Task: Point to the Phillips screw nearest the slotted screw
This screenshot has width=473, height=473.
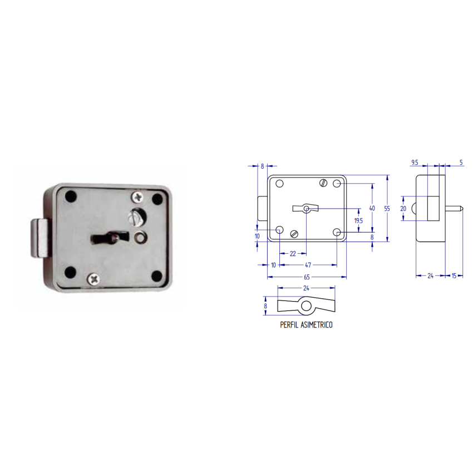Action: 137,196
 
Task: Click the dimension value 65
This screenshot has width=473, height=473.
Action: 307,277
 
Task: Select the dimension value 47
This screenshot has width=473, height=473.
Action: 307,265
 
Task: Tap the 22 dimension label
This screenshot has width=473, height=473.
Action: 293,254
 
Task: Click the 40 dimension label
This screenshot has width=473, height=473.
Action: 372,208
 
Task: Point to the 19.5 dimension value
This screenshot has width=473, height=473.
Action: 359,220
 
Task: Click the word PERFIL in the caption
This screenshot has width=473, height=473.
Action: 290,324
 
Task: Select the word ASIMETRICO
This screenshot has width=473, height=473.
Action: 317,324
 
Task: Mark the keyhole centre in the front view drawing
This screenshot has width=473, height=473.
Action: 306,208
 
